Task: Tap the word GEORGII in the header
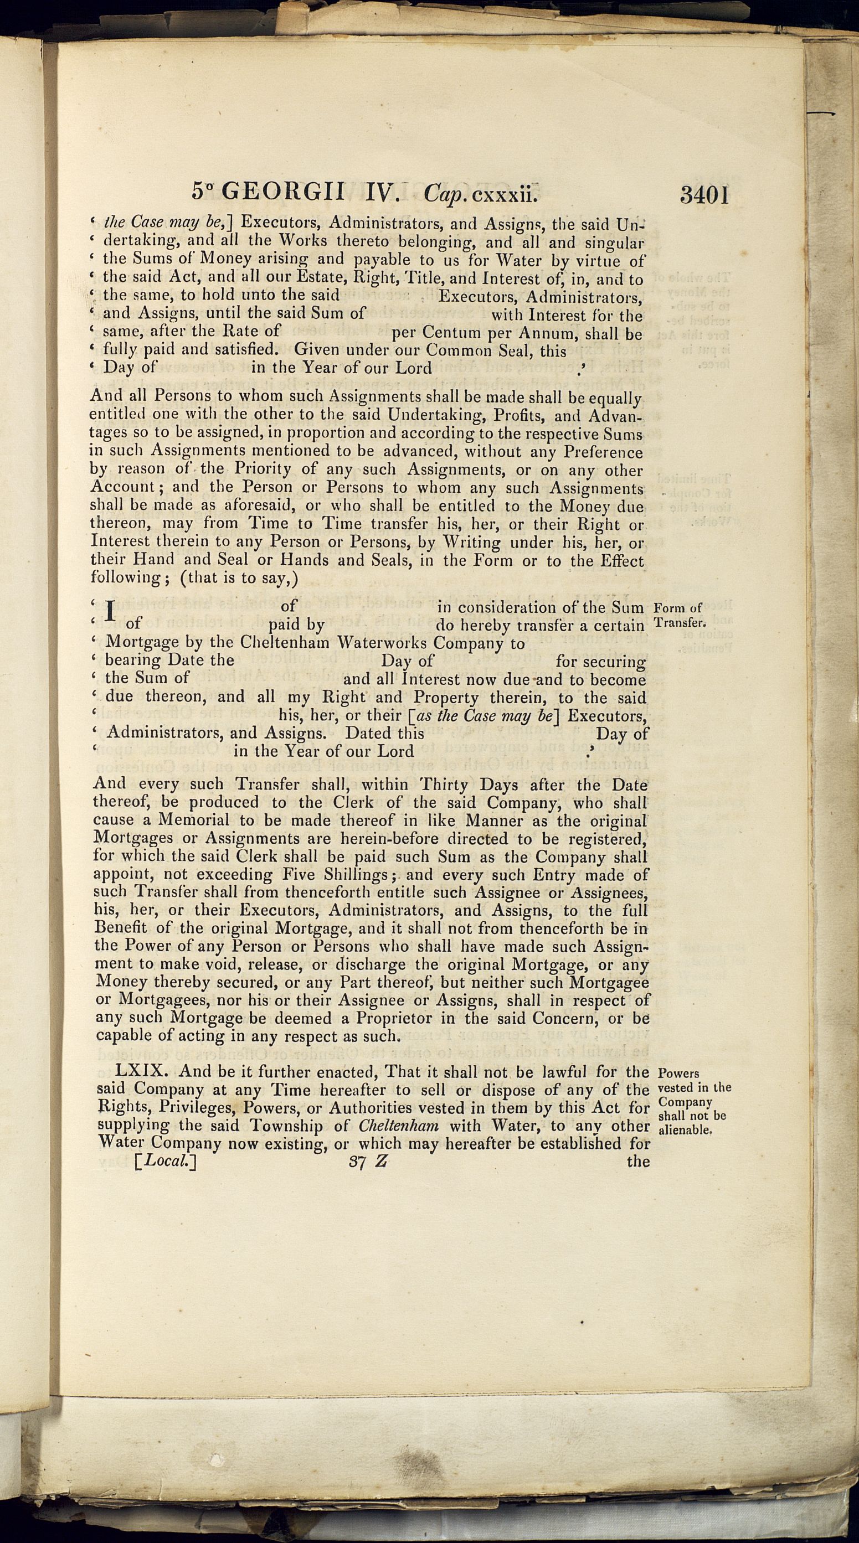pyautogui.click(x=284, y=192)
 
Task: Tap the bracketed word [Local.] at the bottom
pyautogui.click(x=166, y=1162)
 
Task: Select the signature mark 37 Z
pyautogui.click(x=368, y=1162)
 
